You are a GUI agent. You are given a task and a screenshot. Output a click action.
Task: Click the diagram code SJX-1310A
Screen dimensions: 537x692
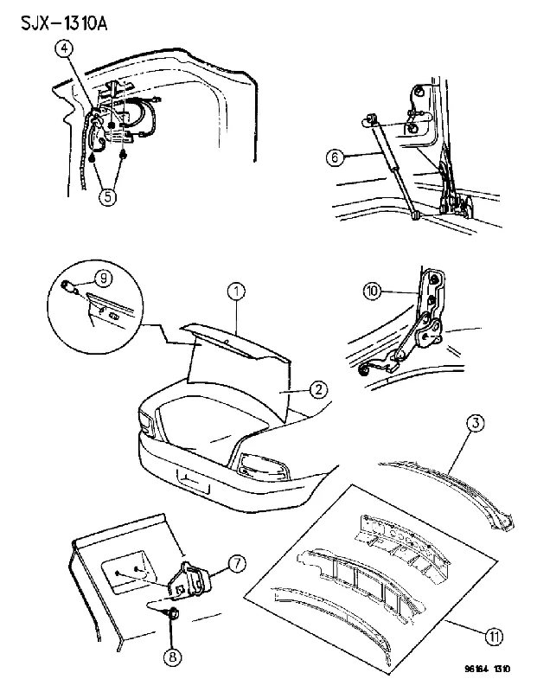click(x=64, y=23)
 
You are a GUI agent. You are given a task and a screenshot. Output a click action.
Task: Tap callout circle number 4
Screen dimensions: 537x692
click(x=64, y=49)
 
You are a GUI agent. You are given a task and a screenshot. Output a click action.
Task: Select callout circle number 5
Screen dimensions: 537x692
click(x=108, y=195)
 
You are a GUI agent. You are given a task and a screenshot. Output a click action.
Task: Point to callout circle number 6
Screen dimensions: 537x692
click(x=335, y=157)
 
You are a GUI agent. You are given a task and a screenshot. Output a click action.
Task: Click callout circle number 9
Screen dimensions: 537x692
click(x=103, y=278)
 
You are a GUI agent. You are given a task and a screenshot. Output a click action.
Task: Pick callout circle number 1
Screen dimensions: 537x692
click(x=237, y=292)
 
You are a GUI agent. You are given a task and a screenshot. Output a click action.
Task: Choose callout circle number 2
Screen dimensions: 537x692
click(x=318, y=389)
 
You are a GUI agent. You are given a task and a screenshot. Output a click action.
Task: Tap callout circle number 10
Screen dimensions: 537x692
click(x=373, y=292)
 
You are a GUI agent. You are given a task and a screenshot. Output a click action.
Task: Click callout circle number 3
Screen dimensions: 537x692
click(x=476, y=423)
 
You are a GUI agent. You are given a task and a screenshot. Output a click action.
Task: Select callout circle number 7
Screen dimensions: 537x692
click(x=238, y=564)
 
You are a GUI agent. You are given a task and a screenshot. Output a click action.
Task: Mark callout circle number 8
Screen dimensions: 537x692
click(x=173, y=657)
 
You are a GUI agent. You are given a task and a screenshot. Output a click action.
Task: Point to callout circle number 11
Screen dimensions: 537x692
click(x=495, y=637)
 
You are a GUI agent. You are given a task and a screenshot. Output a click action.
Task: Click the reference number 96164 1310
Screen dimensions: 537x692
click(x=487, y=669)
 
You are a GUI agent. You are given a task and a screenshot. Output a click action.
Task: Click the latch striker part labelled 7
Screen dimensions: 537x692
click(x=189, y=580)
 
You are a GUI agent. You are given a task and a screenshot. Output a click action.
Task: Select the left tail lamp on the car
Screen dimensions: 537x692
click(x=145, y=420)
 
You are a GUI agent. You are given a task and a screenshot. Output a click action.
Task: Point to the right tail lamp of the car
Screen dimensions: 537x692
click(x=262, y=467)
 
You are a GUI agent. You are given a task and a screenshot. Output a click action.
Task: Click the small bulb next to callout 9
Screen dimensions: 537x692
click(x=70, y=286)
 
